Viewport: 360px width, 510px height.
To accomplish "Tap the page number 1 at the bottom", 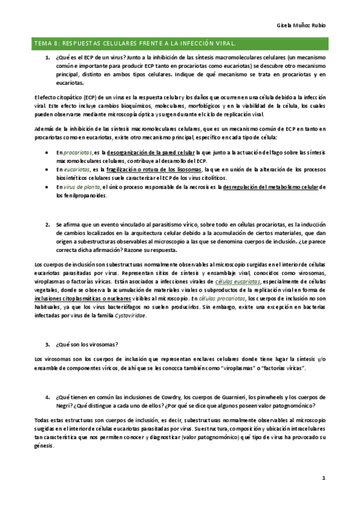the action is (323, 478).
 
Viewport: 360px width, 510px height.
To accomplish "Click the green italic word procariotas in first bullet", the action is (78, 154).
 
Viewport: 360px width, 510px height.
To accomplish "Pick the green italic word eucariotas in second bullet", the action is (77, 170).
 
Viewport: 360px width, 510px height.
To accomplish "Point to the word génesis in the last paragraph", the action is (44, 445).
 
